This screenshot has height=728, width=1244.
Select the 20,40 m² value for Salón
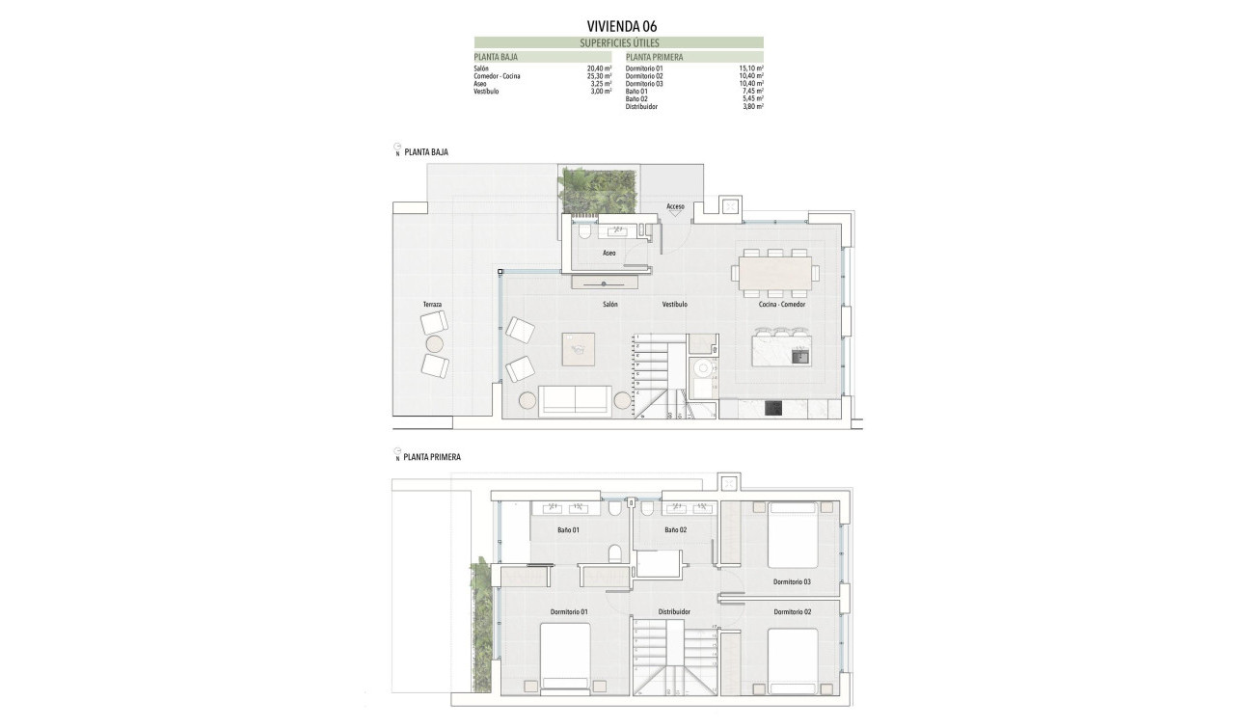click(600, 69)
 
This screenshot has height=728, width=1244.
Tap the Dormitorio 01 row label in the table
click(644, 69)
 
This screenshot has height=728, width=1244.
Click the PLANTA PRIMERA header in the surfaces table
click(655, 57)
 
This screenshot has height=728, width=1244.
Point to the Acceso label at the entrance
click(675, 206)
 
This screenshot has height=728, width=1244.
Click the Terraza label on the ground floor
click(432, 305)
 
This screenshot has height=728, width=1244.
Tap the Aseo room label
click(608, 253)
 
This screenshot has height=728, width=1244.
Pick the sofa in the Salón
click(575, 399)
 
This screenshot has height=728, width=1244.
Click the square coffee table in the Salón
click(579, 347)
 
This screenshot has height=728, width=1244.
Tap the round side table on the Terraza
click(434, 344)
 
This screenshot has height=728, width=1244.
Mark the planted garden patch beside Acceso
click(598, 190)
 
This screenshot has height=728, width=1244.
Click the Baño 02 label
click(675, 530)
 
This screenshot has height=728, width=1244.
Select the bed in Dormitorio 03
click(793, 536)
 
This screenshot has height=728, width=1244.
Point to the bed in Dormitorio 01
click(564, 657)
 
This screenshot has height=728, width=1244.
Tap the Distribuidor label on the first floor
click(674, 612)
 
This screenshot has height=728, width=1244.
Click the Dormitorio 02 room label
click(792, 612)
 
